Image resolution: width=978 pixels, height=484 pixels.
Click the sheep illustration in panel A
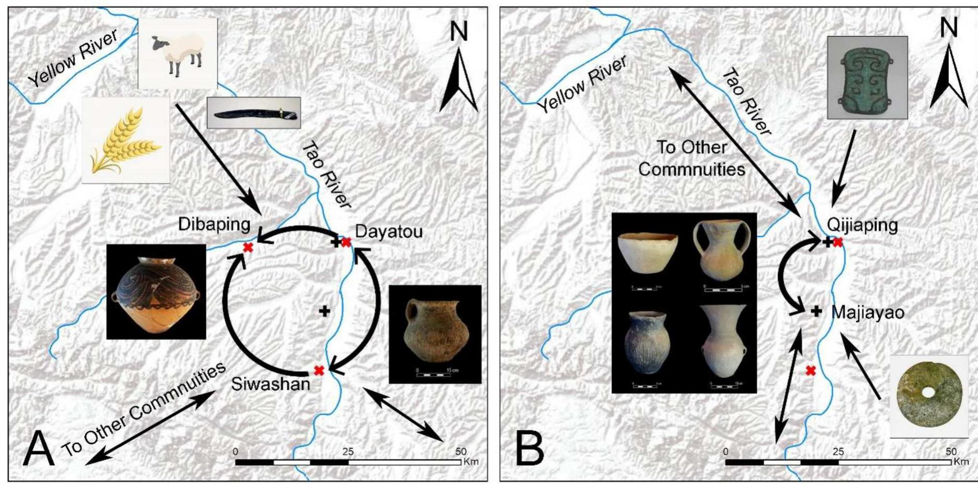(177, 54)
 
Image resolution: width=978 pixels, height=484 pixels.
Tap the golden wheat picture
(126, 140)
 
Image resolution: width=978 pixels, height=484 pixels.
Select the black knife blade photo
(254, 113)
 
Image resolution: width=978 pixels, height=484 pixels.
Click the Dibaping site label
(214, 224)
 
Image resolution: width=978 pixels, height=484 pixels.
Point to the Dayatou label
(388, 231)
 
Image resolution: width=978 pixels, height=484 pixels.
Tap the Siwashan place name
(270, 384)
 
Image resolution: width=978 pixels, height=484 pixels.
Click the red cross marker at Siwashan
(319, 370)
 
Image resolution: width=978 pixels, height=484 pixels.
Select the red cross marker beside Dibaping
(248, 247)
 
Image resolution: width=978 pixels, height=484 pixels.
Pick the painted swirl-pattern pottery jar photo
(156, 292)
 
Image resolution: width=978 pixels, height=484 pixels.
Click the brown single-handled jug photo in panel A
(435, 334)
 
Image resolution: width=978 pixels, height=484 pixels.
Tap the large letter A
(38, 450)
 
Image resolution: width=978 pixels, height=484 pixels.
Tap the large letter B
(529, 450)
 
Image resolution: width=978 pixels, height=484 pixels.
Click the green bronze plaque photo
(867, 78)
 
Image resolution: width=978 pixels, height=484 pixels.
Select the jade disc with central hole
(929, 396)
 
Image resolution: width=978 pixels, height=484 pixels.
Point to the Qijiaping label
(862, 225)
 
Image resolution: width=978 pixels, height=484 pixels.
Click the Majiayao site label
(867, 312)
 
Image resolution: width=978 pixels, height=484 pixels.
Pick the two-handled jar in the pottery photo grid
(722, 250)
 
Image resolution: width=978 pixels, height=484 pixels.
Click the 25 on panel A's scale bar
(348, 452)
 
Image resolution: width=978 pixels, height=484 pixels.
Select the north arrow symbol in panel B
(948, 76)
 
